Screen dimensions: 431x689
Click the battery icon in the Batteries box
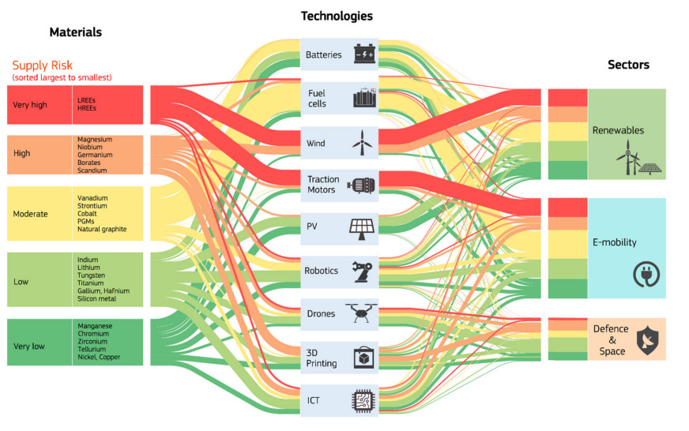tap(364, 54)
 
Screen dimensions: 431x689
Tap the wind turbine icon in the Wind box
tap(361, 143)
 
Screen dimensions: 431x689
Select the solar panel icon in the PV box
tap(362, 227)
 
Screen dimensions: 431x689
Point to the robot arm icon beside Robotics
tap(363, 271)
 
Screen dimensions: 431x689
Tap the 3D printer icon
tap(363, 358)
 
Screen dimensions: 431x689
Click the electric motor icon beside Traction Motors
tap(362, 185)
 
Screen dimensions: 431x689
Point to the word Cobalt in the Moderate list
tap(88, 214)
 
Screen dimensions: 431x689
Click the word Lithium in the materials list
tap(88, 268)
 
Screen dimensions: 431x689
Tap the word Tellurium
tap(91, 350)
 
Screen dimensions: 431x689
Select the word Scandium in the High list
tap(92, 171)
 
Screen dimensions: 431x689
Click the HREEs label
tap(87, 108)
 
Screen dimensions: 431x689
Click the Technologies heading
tap(337, 16)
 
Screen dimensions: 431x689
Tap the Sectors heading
tap(628, 65)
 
